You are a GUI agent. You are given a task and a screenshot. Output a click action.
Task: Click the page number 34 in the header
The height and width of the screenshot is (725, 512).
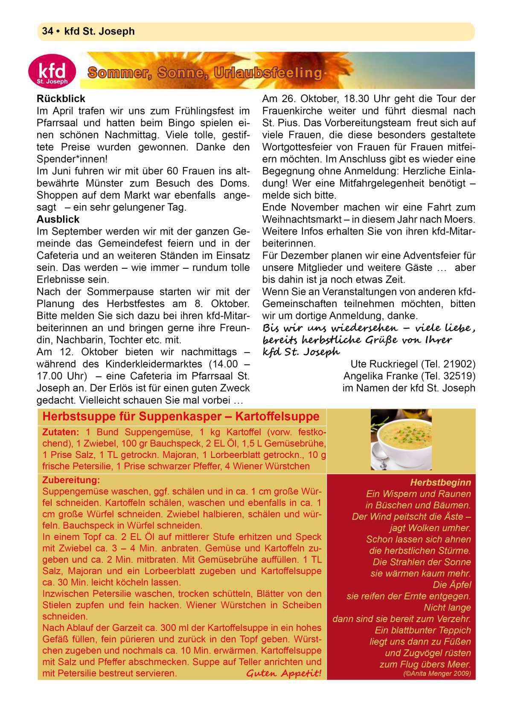[47, 31]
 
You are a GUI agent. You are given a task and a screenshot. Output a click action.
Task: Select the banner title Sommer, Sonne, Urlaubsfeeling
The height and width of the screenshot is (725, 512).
[205, 73]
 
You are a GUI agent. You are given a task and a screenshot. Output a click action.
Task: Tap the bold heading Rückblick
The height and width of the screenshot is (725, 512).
[61, 99]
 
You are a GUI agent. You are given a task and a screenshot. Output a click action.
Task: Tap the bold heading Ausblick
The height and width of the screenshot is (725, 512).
[58, 220]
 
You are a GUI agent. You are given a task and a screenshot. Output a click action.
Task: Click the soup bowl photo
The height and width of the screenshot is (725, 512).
[401, 439]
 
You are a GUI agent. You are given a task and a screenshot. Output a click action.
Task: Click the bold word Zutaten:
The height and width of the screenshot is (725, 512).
[61, 432]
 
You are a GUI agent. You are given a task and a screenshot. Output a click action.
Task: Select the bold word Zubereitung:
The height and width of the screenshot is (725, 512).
[71, 480]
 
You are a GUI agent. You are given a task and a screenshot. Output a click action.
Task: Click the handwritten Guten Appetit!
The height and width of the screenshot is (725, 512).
[283, 674]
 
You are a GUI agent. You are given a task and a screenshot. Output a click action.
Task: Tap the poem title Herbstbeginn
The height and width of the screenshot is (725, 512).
[440, 483]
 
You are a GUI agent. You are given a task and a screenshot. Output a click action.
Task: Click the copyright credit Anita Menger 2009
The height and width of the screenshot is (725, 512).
[437, 674]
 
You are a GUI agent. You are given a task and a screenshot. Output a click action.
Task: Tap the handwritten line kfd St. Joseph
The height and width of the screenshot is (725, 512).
[301, 352]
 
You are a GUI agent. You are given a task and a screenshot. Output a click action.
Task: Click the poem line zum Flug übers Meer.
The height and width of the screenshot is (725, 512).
[425, 665]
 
